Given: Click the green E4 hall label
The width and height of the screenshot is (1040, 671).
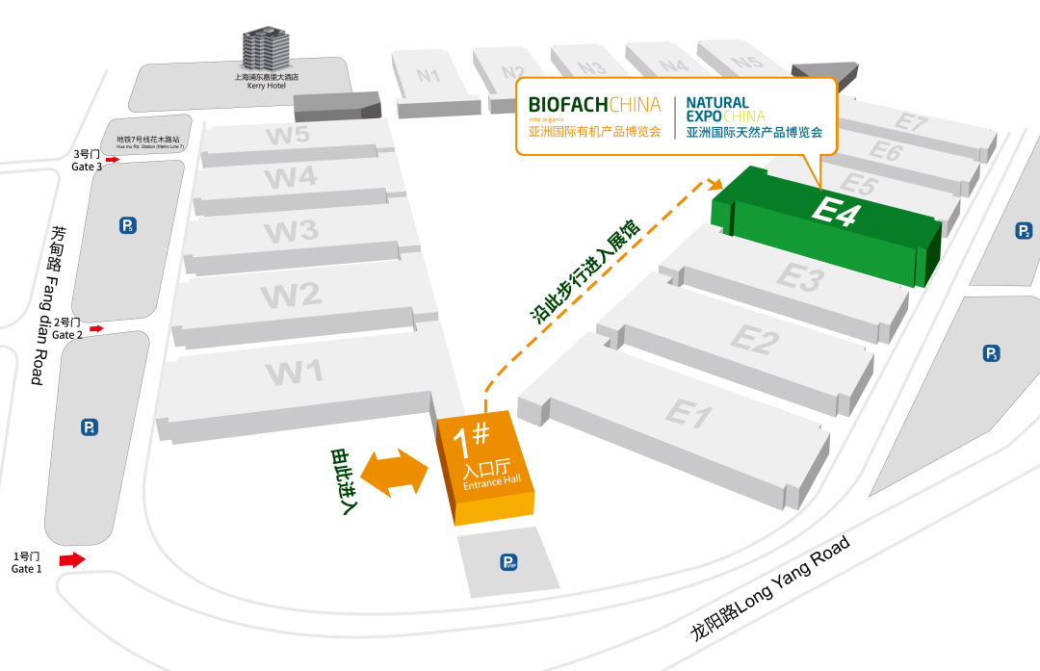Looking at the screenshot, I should pos(834,213).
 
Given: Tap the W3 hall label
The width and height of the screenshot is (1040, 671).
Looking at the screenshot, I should pos(291,231).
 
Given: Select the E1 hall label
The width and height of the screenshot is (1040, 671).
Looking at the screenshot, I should pos(688,414).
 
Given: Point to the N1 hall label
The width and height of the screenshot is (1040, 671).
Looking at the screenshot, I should pos(429,75).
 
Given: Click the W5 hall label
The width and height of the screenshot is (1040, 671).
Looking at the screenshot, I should pos(288,135).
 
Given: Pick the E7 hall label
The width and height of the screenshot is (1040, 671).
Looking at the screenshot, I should pos(910,122).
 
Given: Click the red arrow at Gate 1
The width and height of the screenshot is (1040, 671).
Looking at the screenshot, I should pos(72,559).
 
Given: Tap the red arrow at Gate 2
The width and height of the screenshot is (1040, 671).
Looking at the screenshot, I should pos(96,329).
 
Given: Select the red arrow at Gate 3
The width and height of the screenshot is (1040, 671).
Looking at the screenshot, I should pos(112,160).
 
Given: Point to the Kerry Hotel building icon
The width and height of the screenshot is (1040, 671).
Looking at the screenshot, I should pos(265,48).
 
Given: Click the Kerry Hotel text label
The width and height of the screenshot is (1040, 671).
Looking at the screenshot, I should pos(267,81).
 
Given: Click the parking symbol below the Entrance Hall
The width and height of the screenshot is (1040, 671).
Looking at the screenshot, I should pos(508,562).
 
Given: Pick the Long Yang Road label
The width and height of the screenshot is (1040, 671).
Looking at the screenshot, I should pos(770,588).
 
